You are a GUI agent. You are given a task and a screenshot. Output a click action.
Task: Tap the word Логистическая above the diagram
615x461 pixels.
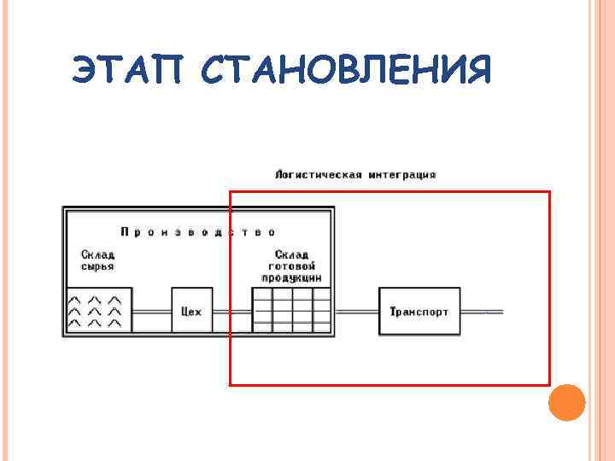319,175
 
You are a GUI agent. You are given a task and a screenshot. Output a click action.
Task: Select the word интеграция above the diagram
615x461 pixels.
402,175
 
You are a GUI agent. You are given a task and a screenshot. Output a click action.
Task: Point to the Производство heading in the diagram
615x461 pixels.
197,231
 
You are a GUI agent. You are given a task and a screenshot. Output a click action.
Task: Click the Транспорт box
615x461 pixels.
419,312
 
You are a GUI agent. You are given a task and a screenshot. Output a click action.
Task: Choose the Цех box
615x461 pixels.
192,312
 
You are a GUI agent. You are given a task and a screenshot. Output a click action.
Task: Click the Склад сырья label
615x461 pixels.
98,260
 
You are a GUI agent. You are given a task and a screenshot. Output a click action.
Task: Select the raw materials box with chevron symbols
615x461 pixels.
100,311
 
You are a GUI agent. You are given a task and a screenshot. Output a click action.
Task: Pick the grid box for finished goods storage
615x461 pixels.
292,311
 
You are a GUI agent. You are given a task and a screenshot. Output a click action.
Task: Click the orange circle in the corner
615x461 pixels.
566,402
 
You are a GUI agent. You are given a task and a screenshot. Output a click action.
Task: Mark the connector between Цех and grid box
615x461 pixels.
231,312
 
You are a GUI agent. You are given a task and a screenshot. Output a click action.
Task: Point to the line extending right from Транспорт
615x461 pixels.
482,312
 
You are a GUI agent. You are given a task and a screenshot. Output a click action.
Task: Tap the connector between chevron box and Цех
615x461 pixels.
152,312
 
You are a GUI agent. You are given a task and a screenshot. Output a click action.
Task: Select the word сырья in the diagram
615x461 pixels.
97,266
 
